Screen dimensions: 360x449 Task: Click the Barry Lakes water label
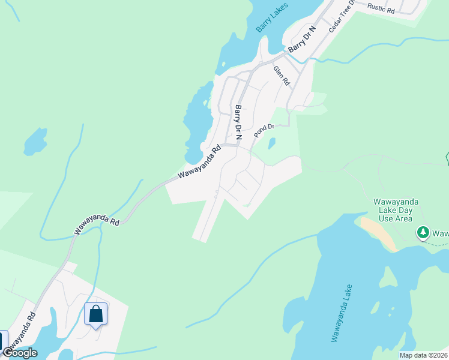(x=273, y=17)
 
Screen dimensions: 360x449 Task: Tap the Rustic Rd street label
(x=381, y=8)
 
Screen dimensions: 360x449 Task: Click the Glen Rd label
(x=281, y=76)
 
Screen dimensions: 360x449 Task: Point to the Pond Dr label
(x=264, y=130)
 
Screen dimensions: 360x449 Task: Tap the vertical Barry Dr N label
(x=238, y=122)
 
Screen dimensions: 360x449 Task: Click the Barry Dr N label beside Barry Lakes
(x=302, y=40)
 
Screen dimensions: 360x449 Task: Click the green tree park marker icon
(x=423, y=232)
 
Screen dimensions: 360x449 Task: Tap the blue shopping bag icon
(x=95, y=314)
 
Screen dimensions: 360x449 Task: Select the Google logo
(x=20, y=353)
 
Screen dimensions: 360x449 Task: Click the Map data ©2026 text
(x=423, y=355)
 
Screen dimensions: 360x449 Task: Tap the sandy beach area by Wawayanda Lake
(x=378, y=233)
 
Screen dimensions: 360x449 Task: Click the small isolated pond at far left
(x=35, y=143)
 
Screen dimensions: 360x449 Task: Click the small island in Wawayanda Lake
(x=390, y=276)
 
